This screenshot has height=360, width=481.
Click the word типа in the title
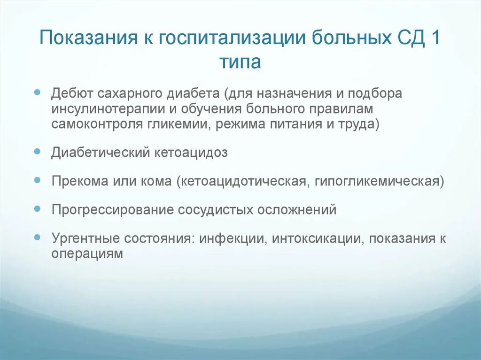pos(240,61)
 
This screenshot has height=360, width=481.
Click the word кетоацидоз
pos(191,153)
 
